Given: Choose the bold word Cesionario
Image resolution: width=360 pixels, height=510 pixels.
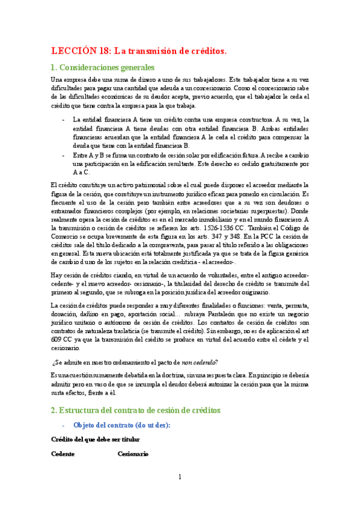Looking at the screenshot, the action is coord(133,454).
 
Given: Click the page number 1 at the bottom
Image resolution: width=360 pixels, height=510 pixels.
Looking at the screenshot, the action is coord(180,477).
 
